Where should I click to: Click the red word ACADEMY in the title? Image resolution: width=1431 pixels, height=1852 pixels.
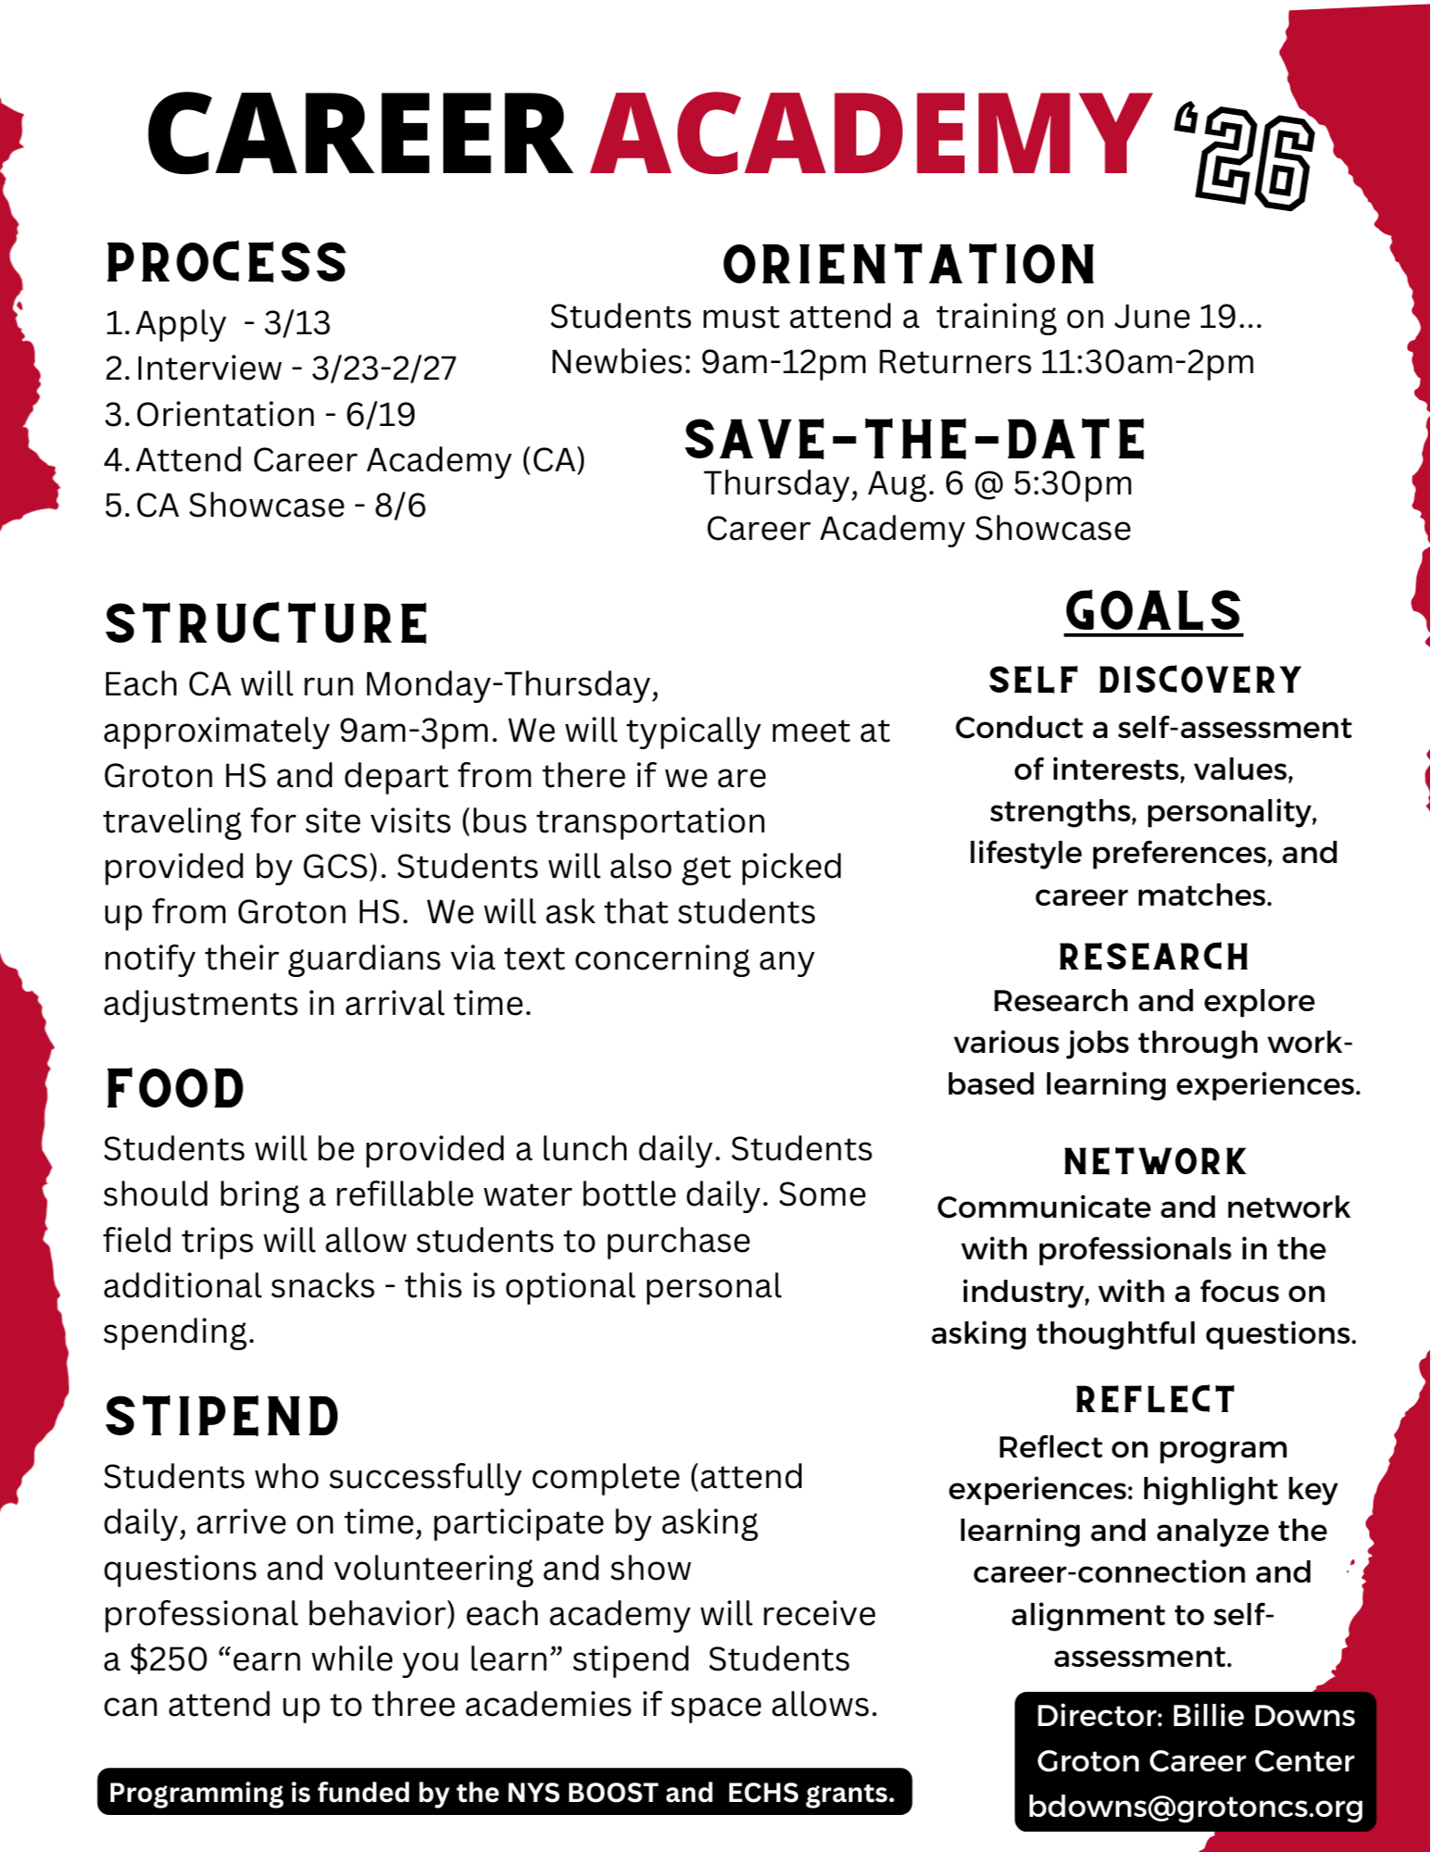pos(871,134)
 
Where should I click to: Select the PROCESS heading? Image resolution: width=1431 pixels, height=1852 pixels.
pos(226,263)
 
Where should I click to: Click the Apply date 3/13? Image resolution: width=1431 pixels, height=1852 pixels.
pos(296,323)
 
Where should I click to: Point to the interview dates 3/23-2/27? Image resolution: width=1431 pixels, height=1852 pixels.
pos(383,369)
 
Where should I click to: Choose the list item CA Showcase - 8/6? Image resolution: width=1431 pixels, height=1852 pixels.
pos(265,506)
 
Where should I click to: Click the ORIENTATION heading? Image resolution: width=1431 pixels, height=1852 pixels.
pos(909,265)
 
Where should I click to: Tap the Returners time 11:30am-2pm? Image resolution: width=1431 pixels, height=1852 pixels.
pos(1147,362)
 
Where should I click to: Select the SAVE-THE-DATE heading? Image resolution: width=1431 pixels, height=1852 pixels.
pos(915,440)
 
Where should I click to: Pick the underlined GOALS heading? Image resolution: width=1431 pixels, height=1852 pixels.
pos(1153,612)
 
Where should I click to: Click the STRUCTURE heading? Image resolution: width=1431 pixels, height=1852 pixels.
pos(267,624)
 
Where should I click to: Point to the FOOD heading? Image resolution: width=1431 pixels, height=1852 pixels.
pos(175,1089)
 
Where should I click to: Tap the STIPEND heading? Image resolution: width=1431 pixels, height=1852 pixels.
pos(222,1417)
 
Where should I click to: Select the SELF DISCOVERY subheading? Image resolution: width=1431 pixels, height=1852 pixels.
pos(1145,681)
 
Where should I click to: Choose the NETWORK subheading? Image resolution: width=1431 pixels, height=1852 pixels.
pos(1155,1162)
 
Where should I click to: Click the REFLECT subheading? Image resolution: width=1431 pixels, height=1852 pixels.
pos(1155,1400)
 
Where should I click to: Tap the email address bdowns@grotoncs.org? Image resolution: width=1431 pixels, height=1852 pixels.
pos(1195,1807)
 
